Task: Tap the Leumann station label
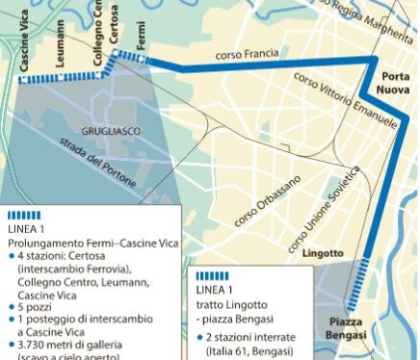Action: click(61, 43)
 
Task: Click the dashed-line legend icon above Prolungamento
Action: click(23, 215)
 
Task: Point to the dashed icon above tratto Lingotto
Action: click(212, 275)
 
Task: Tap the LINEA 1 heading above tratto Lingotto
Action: click(214, 289)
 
